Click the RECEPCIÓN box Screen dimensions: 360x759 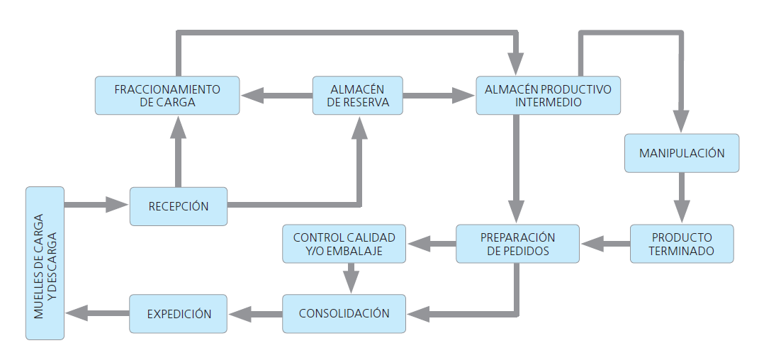click(179, 206)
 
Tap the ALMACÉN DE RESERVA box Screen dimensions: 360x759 click(357, 96)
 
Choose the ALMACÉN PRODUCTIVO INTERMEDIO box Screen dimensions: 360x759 click(548, 96)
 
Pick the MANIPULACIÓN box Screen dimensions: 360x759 click(681, 153)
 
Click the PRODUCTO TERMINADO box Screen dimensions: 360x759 click(681, 244)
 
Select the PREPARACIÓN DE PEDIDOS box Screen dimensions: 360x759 click(517, 244)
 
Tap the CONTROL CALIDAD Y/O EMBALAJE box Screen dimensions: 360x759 click(344, 244)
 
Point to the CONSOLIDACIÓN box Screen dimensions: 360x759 click(344, 313)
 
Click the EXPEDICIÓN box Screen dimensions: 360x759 click(179, 313)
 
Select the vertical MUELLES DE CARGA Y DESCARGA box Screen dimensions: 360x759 click(45, 263)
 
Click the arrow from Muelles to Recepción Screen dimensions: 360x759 click(96, 206)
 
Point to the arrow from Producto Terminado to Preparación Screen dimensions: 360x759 click(605, 244)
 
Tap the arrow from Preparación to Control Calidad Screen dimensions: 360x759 click(431, 244)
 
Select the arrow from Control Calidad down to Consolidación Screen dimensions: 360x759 click(350, 277)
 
